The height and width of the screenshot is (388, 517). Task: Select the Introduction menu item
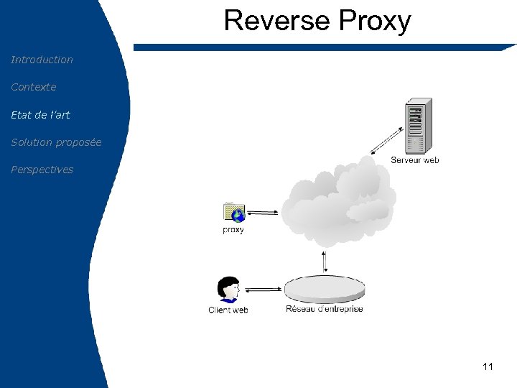click(x=42, y=60)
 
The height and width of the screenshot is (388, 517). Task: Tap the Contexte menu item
click(x=33, y=87)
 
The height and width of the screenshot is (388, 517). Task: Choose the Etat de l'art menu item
click(x=40, y=114)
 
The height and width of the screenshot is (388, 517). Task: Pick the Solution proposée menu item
click(x=56, y=142)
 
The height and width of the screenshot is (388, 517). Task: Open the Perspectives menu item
click(x=42, y=170)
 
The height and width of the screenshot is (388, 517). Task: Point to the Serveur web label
click(x=414, y=160)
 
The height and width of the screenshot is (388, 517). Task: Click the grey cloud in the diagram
click(x=337, y=201)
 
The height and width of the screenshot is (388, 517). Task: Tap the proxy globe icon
click(x=234, y=213)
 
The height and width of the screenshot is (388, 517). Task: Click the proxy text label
click(x=233, y=230)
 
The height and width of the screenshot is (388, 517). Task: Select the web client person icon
click(x=228, y=290)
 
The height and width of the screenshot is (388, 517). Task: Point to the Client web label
click(x=228, y=310)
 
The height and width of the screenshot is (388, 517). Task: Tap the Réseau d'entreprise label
click(x=325, y=309)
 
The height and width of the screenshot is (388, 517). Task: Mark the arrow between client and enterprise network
click(x=262, y=290)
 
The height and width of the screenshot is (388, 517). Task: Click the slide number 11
click(x=488, y=366)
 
